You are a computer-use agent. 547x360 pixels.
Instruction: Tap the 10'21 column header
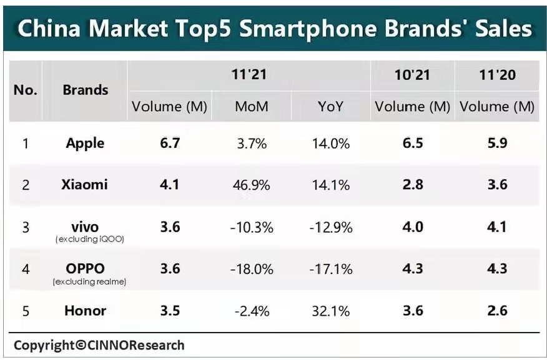[x=412, y=75]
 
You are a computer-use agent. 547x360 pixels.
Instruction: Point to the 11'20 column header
[x=497, y=75]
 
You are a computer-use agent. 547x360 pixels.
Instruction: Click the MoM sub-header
[x=252, y=107]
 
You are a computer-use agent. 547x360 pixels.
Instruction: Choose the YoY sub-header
[x=330, y=107]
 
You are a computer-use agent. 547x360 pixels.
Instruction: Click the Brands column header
[x=86, y=90]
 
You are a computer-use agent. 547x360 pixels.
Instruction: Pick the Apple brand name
[x=85, y=143]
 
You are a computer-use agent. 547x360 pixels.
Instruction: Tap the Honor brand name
[x=85, y=311]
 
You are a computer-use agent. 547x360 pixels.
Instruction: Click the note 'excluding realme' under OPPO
[x=90, y=281]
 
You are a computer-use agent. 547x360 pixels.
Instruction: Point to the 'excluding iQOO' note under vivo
[x=90, y=239]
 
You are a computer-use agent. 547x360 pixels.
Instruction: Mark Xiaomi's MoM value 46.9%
[x=252, y=185]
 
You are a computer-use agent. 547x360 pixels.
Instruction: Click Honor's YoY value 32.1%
[x=330, y=311]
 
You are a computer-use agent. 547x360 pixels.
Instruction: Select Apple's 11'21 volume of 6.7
[x=170, y=143]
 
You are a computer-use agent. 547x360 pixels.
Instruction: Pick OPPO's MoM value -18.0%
[x=251, y=269]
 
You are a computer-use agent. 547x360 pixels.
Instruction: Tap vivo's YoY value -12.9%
[x=330, y=227]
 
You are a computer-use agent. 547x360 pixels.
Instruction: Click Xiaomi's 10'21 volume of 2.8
[x=413, y=185]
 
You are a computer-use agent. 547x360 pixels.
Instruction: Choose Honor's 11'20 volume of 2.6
[x=497, y=311]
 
